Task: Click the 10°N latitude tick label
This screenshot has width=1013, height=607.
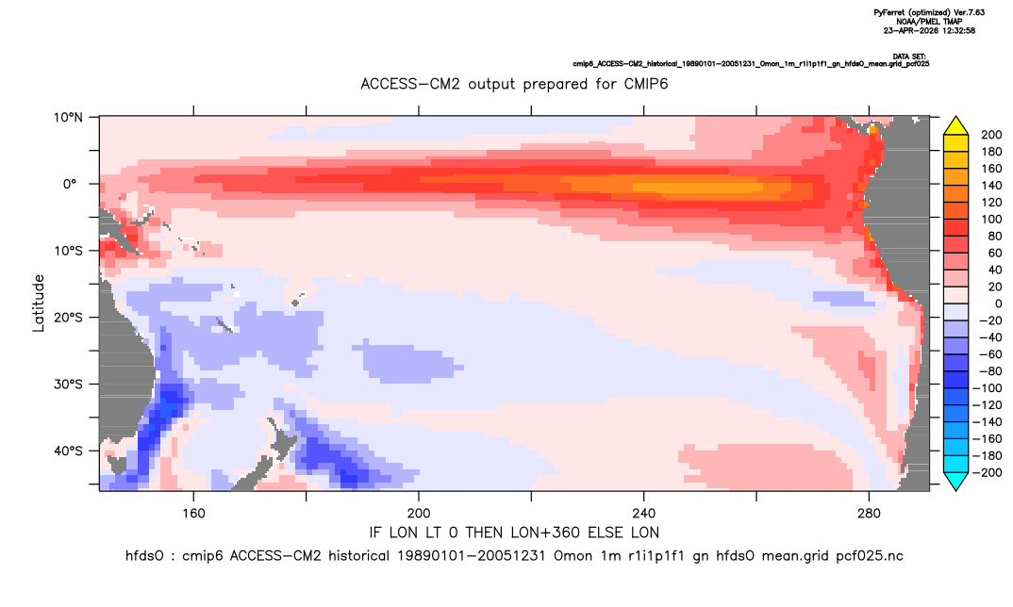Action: coord(68,118)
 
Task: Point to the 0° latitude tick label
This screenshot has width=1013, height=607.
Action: coord(70,184)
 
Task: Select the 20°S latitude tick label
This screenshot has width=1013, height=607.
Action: coord(68,318)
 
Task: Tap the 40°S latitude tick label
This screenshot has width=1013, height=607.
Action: coord(68,451)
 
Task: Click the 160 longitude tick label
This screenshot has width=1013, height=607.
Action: coord(193,514)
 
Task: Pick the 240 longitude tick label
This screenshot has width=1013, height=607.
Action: coord(644,514)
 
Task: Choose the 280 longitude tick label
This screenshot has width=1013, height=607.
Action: coord(869,514)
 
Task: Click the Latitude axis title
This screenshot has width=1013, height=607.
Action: coord(39,303)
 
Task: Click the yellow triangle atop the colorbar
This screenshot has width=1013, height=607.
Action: coord(955,126)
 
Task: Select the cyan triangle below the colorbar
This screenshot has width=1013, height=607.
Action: coord(955,482)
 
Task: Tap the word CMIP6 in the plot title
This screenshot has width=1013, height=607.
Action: coord(645,84)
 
